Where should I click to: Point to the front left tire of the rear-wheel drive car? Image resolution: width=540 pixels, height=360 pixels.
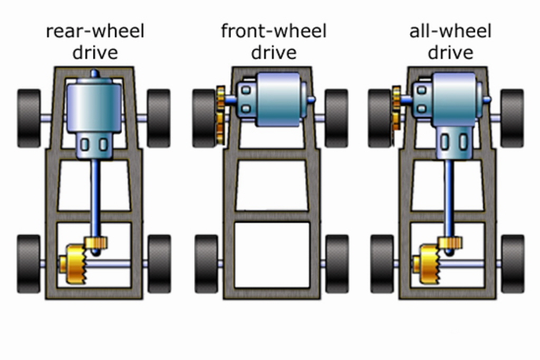click(29, 118)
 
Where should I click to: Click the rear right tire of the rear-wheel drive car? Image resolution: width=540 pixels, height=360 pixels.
click(159, 264)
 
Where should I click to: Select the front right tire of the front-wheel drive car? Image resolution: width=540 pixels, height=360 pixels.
click(336, 118)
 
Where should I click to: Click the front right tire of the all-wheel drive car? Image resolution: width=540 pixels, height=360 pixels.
click(512, 118)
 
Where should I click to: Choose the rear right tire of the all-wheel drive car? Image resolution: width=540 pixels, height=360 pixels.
click(512, 264)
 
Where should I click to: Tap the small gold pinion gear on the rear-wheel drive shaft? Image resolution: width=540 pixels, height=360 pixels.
click(96, 243)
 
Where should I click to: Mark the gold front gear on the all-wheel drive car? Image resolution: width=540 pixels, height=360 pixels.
click(396, 108)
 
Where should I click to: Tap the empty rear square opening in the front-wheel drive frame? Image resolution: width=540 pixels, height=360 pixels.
click(272, 255)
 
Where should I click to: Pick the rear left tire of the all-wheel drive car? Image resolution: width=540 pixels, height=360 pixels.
click(382, 264)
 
